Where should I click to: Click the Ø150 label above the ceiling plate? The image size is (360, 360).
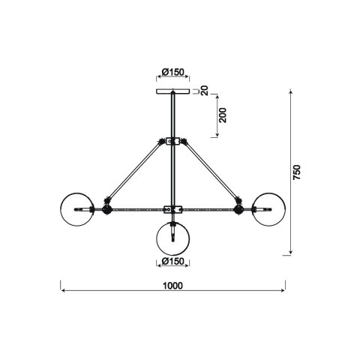click(x=173, y=72)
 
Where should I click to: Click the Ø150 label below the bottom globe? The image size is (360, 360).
click(x=173, y=261)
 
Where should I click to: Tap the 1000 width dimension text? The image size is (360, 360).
click(x=173, y=286)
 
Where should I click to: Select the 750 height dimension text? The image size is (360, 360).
click(x=297, y=172)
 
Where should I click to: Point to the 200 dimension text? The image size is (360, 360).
click(x=222, y=115)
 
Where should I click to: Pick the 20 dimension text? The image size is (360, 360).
click(x=205, y=91)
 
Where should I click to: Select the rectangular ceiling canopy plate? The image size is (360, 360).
click(x=172, y=91)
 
